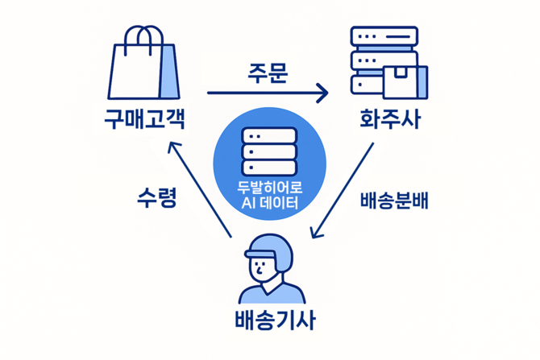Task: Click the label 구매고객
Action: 144,118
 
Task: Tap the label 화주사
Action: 390,118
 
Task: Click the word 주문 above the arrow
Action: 268,72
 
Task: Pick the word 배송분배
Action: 393,201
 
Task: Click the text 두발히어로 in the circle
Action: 269,188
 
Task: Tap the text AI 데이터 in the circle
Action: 269,204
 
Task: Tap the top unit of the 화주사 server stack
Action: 384,36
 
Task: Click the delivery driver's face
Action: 267,269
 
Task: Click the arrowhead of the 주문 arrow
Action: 323,93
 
